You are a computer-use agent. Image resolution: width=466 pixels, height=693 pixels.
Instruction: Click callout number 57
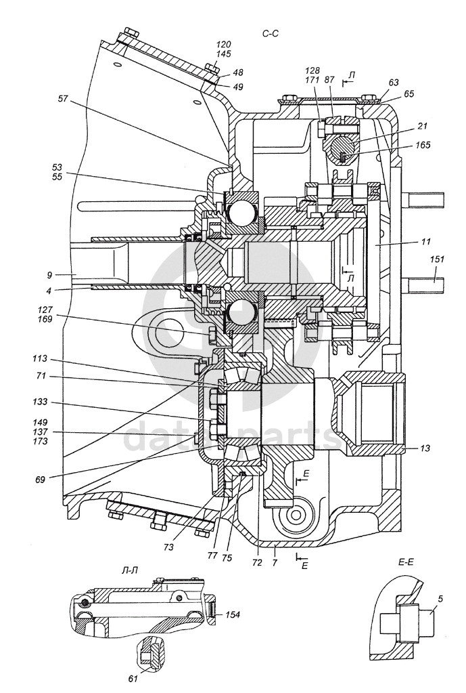click(63, 98)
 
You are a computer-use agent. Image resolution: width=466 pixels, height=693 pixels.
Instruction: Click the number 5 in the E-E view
click(440, 597)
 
